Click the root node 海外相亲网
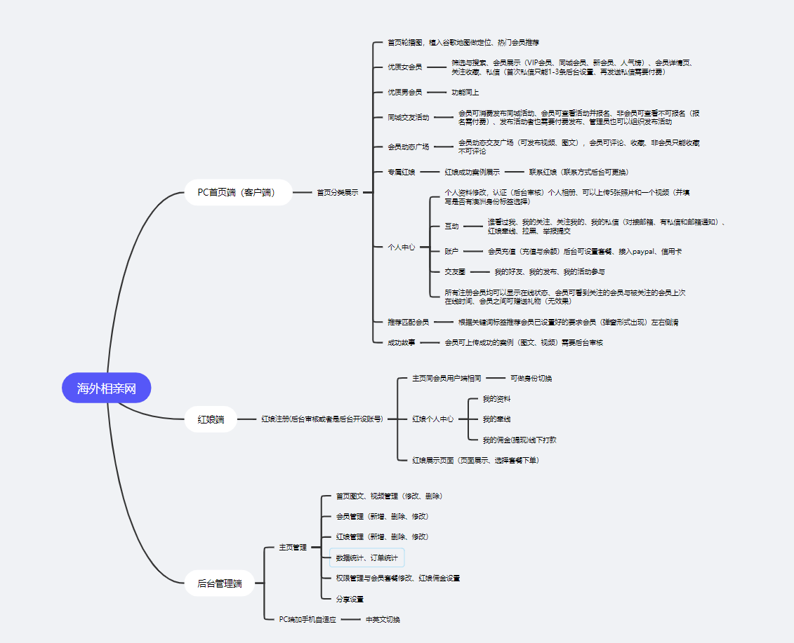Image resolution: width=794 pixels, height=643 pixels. coord(106,388)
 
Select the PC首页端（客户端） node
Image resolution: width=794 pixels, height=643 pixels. coord(238,191)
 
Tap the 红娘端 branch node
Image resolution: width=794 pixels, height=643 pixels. coord(211,419)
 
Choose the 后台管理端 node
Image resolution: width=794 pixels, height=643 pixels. coord(219,583)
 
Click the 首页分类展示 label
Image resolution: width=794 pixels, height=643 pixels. coord(337,192)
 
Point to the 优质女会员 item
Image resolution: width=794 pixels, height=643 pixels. coord(405,67)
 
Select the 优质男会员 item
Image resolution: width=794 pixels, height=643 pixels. coord(405,92)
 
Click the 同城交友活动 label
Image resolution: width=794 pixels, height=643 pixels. coord(409,117)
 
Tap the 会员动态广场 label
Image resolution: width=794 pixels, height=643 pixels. coord(409,147)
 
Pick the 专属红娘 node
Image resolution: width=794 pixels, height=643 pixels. coord(402,172)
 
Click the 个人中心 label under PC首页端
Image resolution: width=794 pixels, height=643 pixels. coord(402,247)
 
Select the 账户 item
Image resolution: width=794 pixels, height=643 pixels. coord(451,250)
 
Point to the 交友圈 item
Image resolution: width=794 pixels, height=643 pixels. coord(455,271)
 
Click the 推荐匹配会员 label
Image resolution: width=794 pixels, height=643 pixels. coord(409,323)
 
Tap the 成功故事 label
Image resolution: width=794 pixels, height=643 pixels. coord(402,343)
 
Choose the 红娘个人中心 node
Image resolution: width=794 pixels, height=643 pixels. coord(432,419)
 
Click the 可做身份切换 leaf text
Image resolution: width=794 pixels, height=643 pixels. coord(531,378)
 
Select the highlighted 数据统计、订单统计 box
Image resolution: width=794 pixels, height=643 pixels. coord(367,558)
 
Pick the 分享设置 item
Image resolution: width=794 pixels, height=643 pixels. coord(350,599)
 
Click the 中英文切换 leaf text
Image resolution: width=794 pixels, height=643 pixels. coord(383,619)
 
